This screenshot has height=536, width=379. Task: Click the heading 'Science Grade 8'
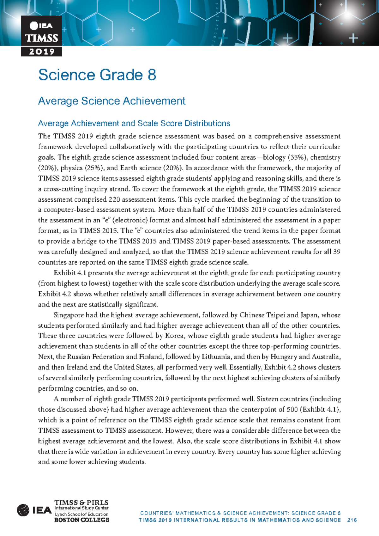97,75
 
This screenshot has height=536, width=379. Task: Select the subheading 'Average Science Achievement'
111,101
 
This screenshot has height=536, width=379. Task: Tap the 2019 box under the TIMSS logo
41,52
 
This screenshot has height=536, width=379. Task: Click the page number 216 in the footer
352,520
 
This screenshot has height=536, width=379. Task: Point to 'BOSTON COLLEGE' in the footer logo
81,520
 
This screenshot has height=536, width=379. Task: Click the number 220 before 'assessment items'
114,200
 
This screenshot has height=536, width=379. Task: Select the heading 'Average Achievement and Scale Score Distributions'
134,123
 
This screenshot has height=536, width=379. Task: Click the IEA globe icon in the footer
23,510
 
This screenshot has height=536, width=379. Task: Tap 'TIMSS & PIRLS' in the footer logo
81,502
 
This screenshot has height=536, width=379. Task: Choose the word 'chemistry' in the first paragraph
325,157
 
